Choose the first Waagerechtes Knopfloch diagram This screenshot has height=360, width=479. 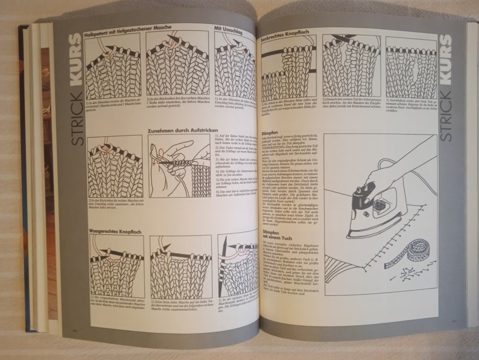point(116,266)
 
